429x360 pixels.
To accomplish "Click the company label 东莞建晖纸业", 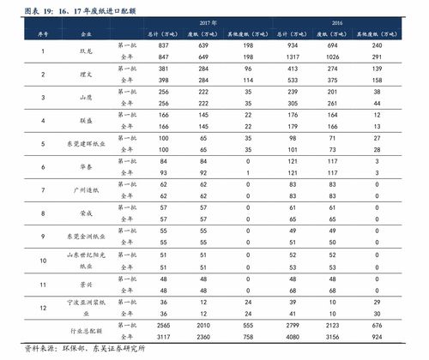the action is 84,144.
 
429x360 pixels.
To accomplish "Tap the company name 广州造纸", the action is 84,190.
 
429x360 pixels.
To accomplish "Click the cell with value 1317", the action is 293,52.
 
